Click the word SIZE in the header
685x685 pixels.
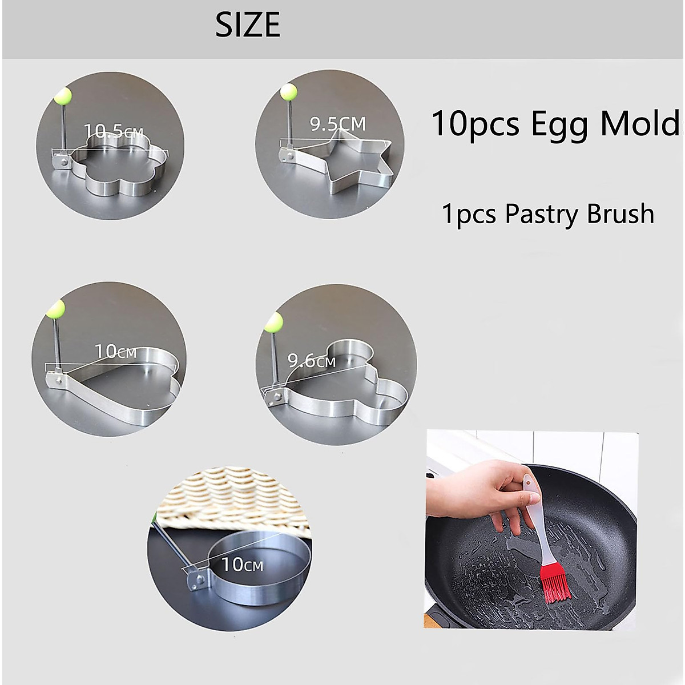pyautogui.click(x=248, y=25)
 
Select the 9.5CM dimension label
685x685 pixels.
pyautogui.click(x=338, y=124)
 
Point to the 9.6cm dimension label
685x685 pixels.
pyautogui.click(x=311, y=361)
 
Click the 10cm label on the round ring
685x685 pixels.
pyautogui.click(x=243, y=565)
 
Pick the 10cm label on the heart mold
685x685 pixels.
pyautogui.click(x=116, y=352)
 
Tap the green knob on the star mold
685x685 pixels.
pyautogui.click(x=289, y=91)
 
